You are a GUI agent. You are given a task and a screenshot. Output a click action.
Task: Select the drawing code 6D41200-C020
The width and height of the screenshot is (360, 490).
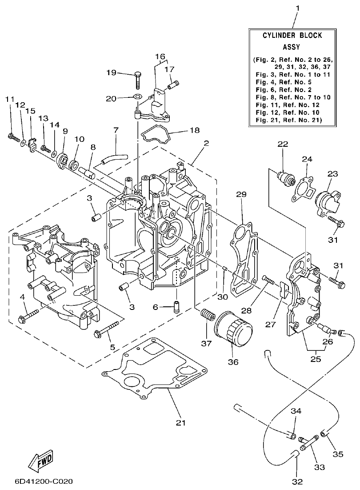point(44,482)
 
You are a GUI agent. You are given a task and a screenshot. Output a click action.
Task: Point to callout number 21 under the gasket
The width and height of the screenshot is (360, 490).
point(180,422)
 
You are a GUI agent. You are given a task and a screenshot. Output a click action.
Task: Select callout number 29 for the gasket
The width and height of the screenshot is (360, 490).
point(241,195)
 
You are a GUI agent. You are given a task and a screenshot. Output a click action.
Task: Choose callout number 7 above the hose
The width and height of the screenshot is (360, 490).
point(116,131)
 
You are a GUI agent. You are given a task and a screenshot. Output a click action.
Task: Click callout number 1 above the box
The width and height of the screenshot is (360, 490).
point(297,8)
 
